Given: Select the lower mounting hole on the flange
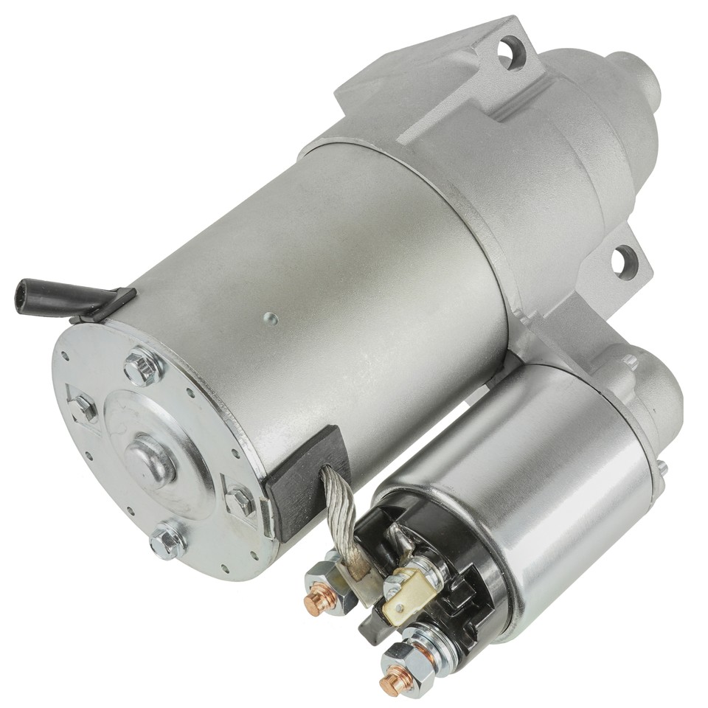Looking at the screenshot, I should tap(625, 259).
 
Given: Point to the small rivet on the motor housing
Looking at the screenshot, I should tap(271, 319).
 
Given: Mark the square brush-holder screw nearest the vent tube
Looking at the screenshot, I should tap(83, 405).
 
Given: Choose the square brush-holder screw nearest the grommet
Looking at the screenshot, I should tap(240, 502).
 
